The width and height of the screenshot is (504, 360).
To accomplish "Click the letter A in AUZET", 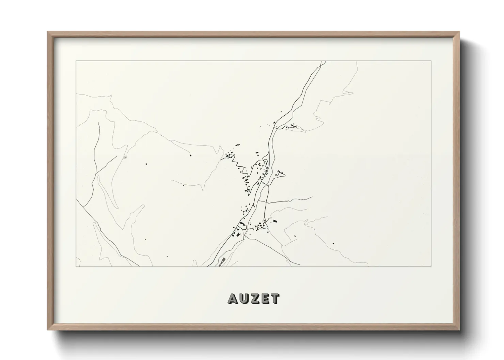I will point(233,298).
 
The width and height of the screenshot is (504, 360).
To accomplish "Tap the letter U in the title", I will point(244,298).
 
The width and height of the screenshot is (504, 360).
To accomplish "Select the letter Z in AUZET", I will point(254,298).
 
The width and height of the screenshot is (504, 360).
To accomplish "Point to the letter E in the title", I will point(264,298).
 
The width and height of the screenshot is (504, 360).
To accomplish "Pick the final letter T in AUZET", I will point(274,298).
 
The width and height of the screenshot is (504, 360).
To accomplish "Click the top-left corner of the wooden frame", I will point(48,32).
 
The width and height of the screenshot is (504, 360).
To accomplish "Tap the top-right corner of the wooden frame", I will point(459,32).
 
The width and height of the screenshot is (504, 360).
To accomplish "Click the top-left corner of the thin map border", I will point(76,61).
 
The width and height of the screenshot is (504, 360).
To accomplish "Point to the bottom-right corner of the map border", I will point(431,266).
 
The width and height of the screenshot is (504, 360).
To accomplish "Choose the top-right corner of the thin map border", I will point(431,61).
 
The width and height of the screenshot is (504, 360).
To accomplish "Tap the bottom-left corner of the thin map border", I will point(76,266).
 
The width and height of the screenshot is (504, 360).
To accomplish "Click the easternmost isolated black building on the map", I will point(333,243).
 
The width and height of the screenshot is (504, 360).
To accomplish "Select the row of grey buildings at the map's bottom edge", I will point(222,261).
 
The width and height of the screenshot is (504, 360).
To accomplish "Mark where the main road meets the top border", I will point(323,61).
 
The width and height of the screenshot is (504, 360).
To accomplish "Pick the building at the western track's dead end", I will point(125,157).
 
